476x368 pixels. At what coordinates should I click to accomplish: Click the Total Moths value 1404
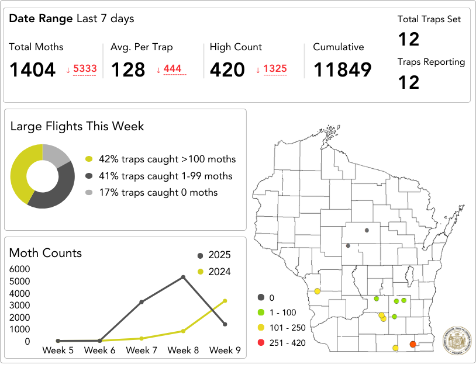pyautogui.click(x=32, y=70)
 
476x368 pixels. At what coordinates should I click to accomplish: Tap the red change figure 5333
pyautogui.click(x=85, y=69)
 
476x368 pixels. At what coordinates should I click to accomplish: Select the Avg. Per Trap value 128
pyautogui.click(x=127, y=70)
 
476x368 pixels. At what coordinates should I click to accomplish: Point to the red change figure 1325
pyautogui.click(x=275, y=69)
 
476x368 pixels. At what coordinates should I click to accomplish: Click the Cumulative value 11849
pyautogui.click(x=342, y=70)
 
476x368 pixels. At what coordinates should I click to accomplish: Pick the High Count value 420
pyautogui.click(x=227, y=70)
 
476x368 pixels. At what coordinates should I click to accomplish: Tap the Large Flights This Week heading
pyautogui.click(x=77, y=126)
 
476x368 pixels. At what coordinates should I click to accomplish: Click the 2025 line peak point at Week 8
pyautogui.click(x=183, y=277)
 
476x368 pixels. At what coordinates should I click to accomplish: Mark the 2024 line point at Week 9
pyautogui.click(x=225, y=301)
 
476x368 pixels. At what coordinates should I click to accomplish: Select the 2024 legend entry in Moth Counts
pyautogui.click(x=214, y=272)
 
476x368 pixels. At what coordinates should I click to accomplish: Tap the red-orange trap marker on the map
pyautogui.click(x=412, y=344)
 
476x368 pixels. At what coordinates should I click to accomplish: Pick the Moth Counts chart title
pyautogui.click(x=46, y=253)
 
